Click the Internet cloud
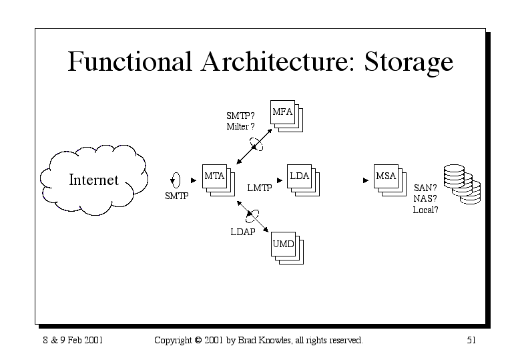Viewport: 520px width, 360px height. (x=94, y=180)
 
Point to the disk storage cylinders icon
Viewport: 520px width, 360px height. (x=462, y=184)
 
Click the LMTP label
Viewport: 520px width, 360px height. (x=260, y=188)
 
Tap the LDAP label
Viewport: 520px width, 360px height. (x=243, y=232)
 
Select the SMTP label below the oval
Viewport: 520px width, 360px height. (x=177, y=196)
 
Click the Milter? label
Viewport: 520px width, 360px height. (x=240, y=126)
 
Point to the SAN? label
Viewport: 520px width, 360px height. (x=425, y=188)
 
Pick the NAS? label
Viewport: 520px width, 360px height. (x=425, y=199)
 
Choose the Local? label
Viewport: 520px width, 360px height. (x=425, y=210)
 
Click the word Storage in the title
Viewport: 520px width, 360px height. (x=409, y=62)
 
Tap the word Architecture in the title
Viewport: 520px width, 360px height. (x=278, y=61)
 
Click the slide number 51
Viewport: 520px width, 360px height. (x=471, y=340)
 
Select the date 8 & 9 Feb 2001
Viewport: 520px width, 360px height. (x=73, y=340)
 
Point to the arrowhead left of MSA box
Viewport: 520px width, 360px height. (x=366, y=180)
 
